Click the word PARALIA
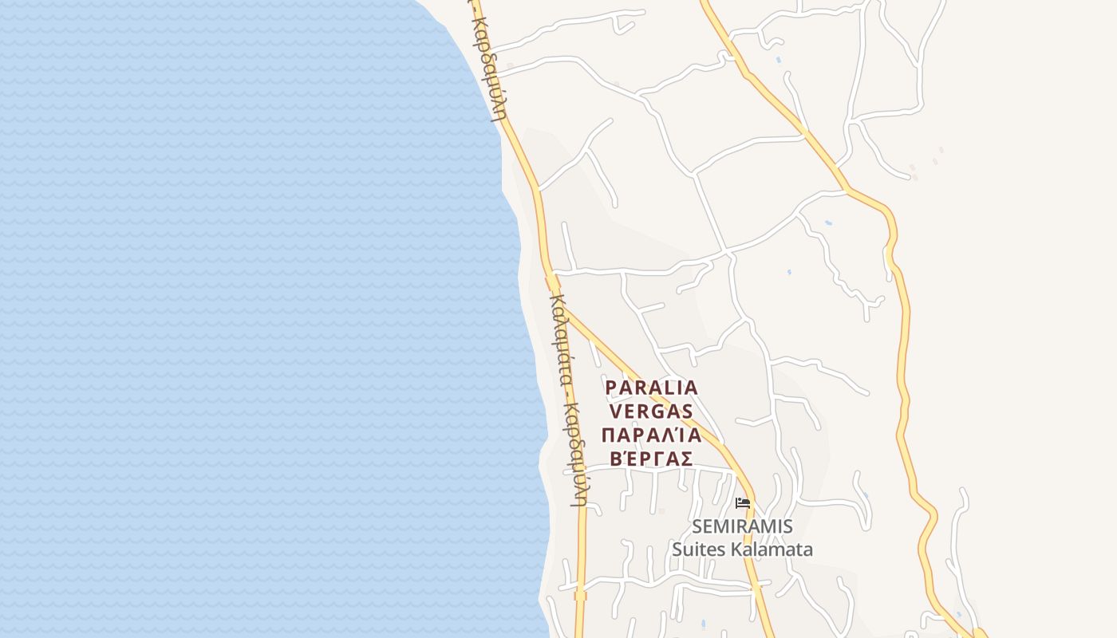[x=652, y=388]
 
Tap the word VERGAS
[x=652, y=412]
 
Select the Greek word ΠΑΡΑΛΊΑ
[x=652, y=435]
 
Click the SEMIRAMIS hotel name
[x=743, y=526]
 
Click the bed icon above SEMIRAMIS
[x=743, y=503]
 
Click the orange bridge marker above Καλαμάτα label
[x=553, y=282]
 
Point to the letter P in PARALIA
[x=612, y=388]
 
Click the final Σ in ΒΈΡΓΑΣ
[x=686, y=459]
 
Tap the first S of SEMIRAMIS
[x=699, y=526]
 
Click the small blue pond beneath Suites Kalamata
[x=702, y=622]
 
